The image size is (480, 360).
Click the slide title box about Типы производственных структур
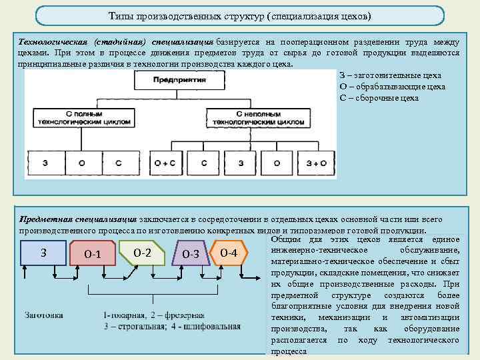pos(239,15)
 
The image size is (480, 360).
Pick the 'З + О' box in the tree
pos(315,163)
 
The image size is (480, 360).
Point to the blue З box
pos(43,253)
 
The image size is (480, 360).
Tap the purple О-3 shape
pos(191,255)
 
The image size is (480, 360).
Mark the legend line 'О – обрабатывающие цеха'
pos(383,87)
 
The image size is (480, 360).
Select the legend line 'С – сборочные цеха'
pos(379,97)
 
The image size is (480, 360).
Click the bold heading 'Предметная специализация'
pos(78,219)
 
